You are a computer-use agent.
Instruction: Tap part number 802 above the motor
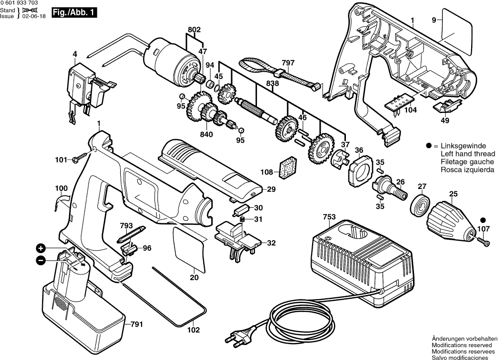(194, 30)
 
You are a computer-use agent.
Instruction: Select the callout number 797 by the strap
(288, 63)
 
